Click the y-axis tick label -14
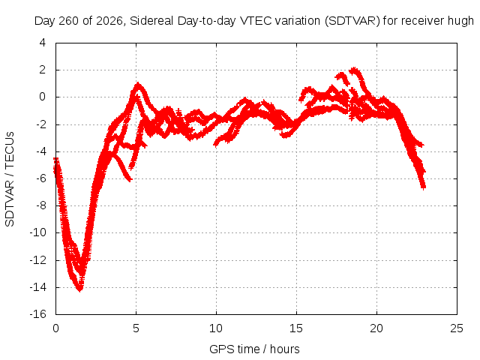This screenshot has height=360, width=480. [x=38, y=287]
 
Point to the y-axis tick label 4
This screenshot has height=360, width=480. [x=43, y=43]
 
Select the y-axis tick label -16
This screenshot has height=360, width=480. [x=38, y=314]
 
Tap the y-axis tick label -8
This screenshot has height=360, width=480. [x=41, y=205]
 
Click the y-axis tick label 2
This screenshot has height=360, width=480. [x=43, y=70]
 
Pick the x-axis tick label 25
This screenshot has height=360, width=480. [x=457, y=328]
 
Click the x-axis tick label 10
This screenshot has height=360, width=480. [x=216, y=328]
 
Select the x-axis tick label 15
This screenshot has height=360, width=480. [x=296, y=328]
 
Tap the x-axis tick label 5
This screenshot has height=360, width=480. [x=136, y=328]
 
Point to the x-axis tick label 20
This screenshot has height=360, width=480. [x=376, y=328]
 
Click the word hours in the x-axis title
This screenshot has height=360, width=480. [x=285, y=349]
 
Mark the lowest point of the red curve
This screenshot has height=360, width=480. [x=80, y=290]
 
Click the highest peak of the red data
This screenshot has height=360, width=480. [x=354, y=69]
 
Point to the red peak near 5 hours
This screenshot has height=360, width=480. [x=138, y=83]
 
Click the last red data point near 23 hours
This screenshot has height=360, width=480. [x=423, y=187]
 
